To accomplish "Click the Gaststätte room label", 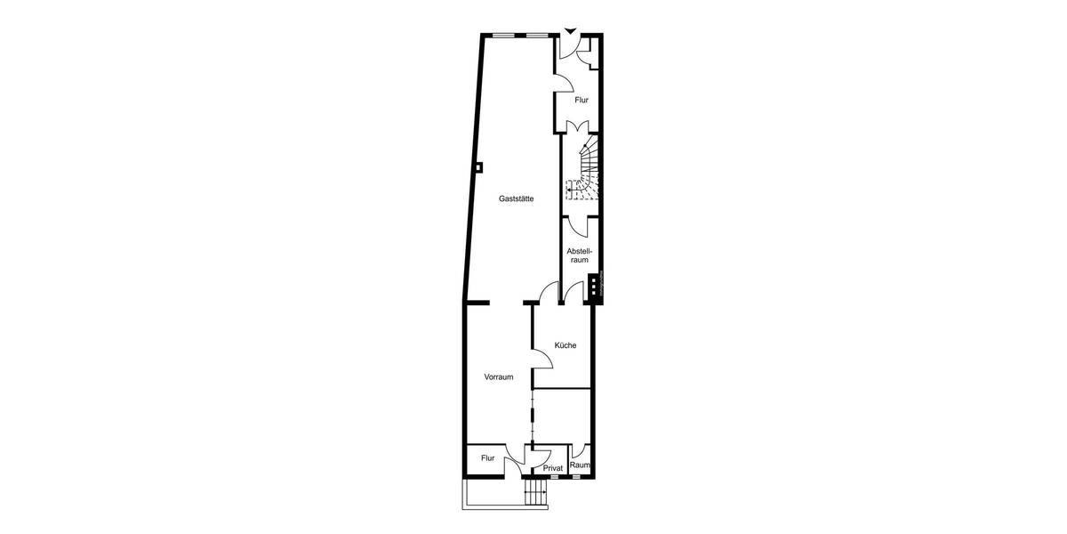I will [517, 200].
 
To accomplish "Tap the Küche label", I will [566, 345].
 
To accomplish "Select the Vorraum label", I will [499, 376].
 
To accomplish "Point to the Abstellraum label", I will [579, 255].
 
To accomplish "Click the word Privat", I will [553, 468].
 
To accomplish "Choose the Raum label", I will [580, 465].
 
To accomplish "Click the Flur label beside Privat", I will [488, 458].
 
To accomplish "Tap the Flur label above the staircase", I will [582, 101].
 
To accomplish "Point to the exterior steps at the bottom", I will [535, 493].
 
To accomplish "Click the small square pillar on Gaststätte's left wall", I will [478, 166].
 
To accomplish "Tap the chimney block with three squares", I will [592, 286].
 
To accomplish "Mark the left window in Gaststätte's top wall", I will [503, 36].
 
